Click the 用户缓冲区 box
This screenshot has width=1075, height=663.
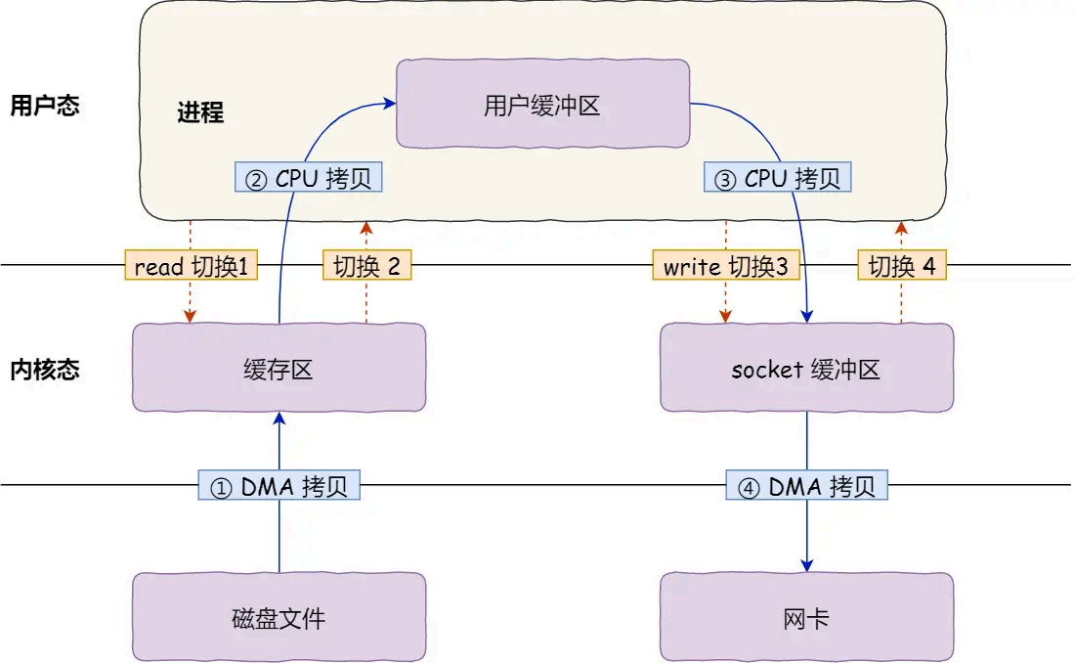pyautogui.click(x=541, y=104)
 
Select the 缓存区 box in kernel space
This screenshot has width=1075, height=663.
pyautogui.click(x=279, y=369)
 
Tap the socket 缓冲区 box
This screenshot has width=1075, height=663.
pyautogui.click(x=806, y=369)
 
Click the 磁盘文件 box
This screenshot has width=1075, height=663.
pyautogui.click(x=279, y=618)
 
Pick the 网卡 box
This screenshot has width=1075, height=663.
pyautogui.click(x=806, y=618)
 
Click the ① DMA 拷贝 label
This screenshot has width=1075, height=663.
pyautogui.click(x=279, y=486)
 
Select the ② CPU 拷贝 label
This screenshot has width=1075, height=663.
pyautogui.click(x=309, y=178)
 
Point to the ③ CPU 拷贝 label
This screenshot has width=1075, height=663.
pyautogui.click(x=777, y=178)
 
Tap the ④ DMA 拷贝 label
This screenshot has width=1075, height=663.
pyautogui.click(x=806, y=486)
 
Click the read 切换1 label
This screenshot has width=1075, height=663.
pyautogui.click(x=192, y=266)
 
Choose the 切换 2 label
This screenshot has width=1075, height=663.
pyautogui.click(x=366, y=266)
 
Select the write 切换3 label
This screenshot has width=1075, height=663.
pyautogui.click(x=726, y=266)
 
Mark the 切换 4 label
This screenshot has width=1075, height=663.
pyautogui.click(x=902, y=266)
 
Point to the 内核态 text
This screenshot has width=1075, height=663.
pyautogui.click(x=44, y=370)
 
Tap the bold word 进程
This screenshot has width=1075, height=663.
pyautogui.click(x=200, y=112)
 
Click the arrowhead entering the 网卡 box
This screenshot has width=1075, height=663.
pyautogui.click(x=807, y=565)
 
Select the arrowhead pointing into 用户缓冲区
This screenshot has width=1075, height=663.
pyautogui.click(x=389, y=101)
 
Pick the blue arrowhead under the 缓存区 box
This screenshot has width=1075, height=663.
pyautogui.click(x=279, y=419)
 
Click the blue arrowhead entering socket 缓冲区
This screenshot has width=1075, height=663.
pyautogui.click(x=807, y=316)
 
